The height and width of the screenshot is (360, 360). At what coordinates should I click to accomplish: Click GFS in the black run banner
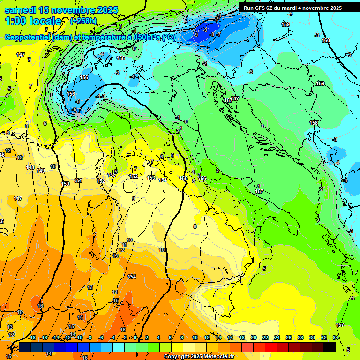pos(261,8)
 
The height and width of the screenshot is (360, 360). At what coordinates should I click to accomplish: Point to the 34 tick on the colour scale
pos(336,337)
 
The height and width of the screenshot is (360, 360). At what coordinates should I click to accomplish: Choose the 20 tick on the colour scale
pos(254,337)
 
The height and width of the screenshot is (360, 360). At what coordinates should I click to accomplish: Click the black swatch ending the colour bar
pos(330,346)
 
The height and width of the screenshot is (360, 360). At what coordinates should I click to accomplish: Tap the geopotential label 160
pos(325,40)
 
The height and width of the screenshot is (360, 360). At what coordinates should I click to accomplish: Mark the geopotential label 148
pos(30,167)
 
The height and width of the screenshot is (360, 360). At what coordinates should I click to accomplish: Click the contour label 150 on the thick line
pos(65,184)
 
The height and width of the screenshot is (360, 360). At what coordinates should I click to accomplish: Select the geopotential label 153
pos(151,178)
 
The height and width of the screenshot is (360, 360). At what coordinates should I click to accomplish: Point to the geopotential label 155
pos(183,178)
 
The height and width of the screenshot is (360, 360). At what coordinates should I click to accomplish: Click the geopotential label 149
pos(41,171)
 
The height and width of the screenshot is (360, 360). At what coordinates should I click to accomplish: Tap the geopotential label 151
pos(78,180)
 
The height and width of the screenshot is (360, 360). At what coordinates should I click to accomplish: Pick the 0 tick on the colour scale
pos(135,337)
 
